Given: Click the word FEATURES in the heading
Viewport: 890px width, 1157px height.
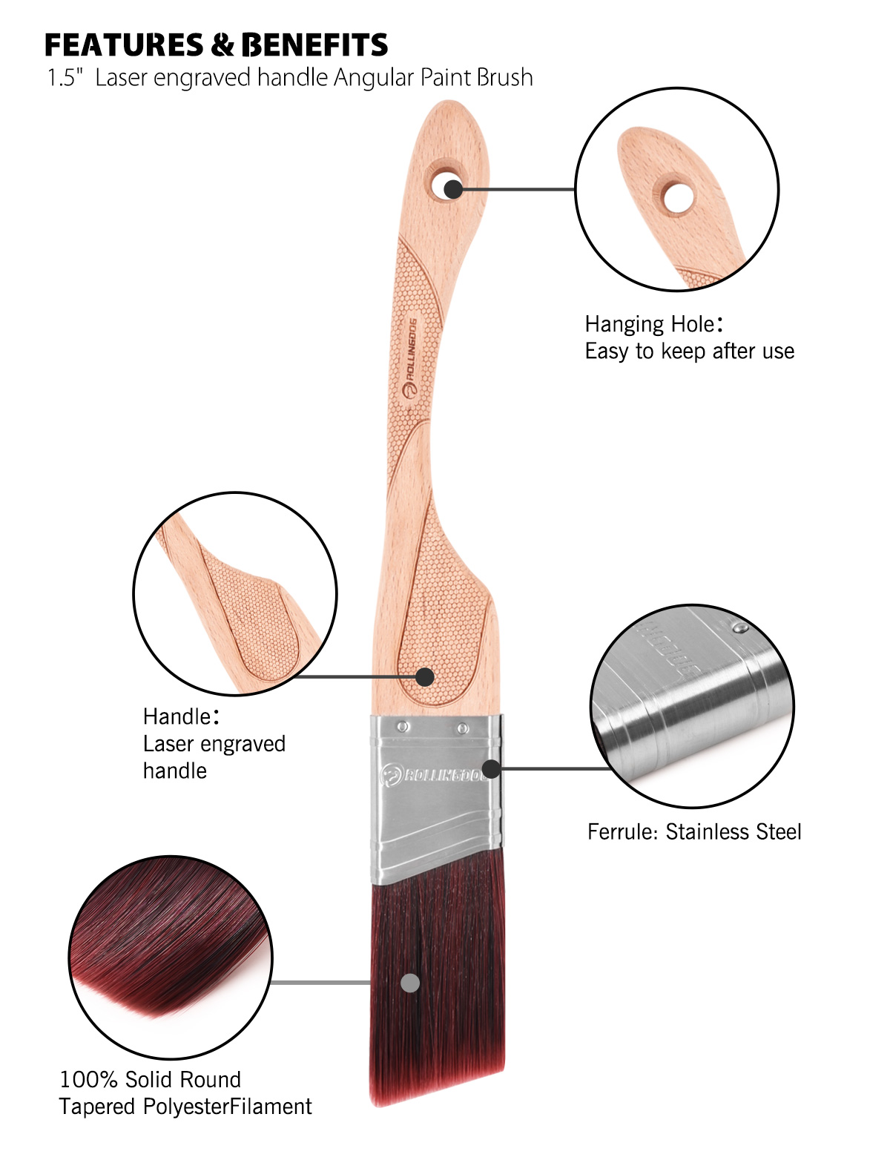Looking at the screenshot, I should pyautogui.click(x=123, y=45).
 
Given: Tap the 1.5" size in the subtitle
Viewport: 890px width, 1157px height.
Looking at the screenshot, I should pyautogui.click(x=62, y=78).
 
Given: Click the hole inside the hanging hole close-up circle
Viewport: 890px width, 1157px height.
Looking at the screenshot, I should pyautogui.click(x=677, y=198).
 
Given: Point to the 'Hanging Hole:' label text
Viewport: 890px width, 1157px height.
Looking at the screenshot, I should pyautogui.click(x=653, y=324).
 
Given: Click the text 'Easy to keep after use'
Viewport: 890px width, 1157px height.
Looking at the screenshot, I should pyautogui.click(x=689, y=351).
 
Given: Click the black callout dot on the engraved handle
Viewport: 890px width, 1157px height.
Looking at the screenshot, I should pyautogui.click(x=424, y=676).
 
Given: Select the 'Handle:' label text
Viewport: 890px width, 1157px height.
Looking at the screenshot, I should pyautogui.click(x=180, y=716).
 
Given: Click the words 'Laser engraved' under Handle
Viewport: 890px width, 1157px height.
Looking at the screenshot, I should pyautogui.click(x=214, y=744).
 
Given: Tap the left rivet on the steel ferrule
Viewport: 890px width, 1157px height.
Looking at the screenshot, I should pyautogui.click(x=403, y=727).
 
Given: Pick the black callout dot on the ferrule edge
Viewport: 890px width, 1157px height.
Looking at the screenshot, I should pyautogui.click(x=491, y=768).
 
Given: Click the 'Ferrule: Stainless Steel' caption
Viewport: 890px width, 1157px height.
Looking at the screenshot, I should pyautogui.click(x=694, y=831).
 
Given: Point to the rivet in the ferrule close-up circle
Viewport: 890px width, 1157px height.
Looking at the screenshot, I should pyautogui.click(x=739, y=629).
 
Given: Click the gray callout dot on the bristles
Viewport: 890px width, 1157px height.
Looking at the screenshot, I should pyautogui.click(x=410, y=983).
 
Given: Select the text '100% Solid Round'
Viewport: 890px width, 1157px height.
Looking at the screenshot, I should pyautogui.click(x=150, y=1079).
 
